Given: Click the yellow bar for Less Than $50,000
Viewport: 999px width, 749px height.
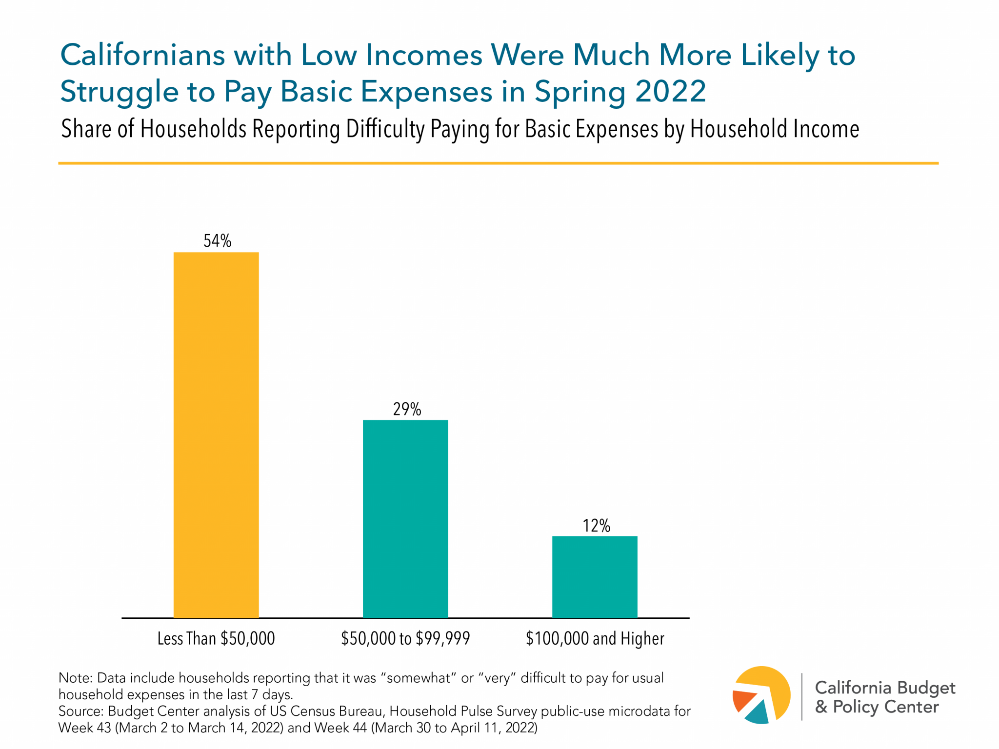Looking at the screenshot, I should (x=216, y=435).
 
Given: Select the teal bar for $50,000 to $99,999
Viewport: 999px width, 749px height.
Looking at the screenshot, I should (x=405, y=519).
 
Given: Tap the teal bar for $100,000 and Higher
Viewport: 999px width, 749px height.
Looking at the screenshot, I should (x=595, y=577).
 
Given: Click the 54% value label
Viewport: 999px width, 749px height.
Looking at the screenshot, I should (x=217, y=241).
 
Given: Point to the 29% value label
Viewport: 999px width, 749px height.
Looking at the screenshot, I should (x=407, y=409).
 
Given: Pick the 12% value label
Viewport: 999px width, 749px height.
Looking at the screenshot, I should (x=596, y=526).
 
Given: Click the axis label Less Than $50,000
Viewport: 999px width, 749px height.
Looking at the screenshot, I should (x=216, y=638).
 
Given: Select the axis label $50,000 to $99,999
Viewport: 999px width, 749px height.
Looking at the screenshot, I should (x=405, y=638).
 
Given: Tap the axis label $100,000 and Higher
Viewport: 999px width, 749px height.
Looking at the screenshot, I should (x=595, y=638).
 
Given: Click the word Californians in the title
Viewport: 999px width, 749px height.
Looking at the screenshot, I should (x=141, y=55).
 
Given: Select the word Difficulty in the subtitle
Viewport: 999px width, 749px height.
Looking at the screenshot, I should (x=385, y=130).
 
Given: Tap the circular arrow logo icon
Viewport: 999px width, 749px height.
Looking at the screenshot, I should (x=761, y=695).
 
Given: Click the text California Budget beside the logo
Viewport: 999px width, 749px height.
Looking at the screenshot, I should (x=885, y=688).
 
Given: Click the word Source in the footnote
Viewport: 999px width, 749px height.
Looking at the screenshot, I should (x=80, y=711).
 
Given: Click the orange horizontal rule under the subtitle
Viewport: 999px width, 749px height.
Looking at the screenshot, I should (x=498, y=163).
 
